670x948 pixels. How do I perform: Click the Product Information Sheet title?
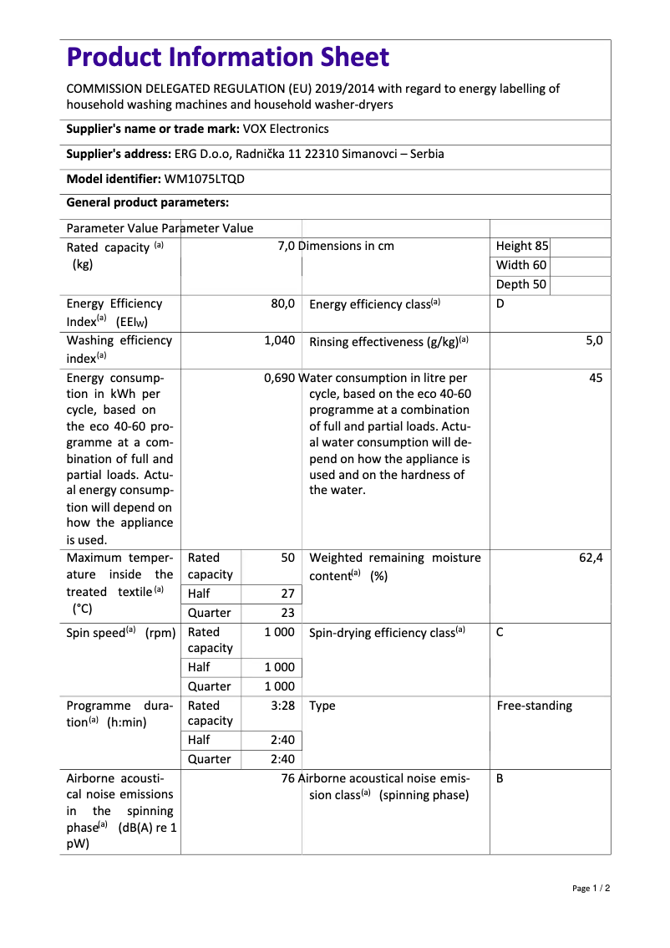[227, 58]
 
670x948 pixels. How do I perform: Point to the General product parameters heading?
[147, 202]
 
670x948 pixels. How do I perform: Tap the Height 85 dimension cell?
[522, 246]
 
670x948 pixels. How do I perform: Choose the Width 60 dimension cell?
[521, 265]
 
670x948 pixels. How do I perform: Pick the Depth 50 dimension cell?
[521, 284]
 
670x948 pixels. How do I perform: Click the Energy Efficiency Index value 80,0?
[282, 303]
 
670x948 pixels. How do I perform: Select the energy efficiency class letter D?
[500, 303]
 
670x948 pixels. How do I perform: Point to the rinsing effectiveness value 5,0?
[594, 340]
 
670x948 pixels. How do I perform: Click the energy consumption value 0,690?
[279, 378]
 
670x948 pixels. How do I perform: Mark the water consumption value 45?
[596, 378]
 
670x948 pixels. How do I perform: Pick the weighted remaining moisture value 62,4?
[591, 558]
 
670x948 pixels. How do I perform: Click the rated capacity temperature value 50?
[287, 558]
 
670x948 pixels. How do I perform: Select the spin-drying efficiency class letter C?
[500, 633]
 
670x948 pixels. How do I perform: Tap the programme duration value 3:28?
[282, 706]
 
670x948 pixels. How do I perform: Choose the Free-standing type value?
[535, 706]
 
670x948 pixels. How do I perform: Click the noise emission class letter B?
[500, 778]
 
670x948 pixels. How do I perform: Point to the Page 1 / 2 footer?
[591, 888]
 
